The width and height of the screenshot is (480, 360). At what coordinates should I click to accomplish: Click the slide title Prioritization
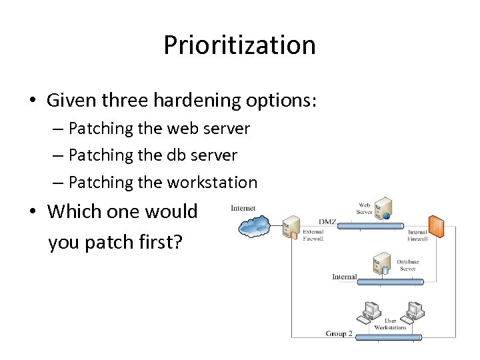coord(239,45)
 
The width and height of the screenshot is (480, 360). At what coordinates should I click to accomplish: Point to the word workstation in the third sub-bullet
coord(211,182)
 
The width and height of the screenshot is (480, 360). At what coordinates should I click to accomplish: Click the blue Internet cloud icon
coord(255,227)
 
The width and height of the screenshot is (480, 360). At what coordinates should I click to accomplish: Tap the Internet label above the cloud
coord(243,208)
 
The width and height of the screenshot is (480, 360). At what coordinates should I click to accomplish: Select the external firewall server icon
coord(291,227)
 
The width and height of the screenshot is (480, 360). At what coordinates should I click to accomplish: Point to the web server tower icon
coord(382,207)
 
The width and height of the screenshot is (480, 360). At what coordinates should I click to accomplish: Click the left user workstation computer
coord(369,311)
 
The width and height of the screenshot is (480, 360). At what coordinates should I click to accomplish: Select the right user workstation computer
coord(415,311)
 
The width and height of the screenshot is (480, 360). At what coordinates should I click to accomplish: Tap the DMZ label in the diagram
coord(327,221)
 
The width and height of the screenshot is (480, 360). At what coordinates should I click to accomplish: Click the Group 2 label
coord(339,333)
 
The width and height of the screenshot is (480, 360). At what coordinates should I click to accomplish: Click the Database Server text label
coord(408,265)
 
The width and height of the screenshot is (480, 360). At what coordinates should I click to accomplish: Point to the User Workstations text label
coord(390,324)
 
